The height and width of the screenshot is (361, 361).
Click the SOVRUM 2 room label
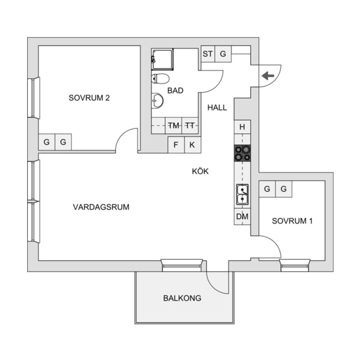point(89,98)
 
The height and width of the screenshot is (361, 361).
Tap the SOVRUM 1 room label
point(292,221)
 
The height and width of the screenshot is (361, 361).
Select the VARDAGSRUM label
point(101,207)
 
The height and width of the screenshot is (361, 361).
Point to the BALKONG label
point(182,298)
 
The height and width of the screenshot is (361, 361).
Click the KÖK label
point(200,171)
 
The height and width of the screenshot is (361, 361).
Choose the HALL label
point(217,108)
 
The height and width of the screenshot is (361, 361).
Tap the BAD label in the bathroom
point(175,91)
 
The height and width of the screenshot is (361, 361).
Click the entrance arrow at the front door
point(268,76)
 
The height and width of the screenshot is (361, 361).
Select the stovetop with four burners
point(242,153)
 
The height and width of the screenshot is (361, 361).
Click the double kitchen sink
point(242,194)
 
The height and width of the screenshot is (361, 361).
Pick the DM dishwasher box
point(242,217)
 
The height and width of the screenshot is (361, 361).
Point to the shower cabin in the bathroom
point(162,59)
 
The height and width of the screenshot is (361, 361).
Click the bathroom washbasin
point(158,100)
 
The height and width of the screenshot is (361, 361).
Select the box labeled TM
point(174,126)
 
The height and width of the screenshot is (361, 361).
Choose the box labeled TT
point(190,126)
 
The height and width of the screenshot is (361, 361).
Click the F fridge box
point(176,145)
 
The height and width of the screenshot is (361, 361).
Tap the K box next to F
point(192,145)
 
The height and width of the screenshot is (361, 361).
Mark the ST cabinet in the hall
point(208,54)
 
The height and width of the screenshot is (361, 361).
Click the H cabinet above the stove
point(242,127)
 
